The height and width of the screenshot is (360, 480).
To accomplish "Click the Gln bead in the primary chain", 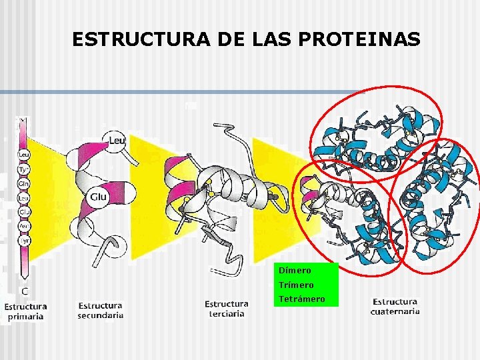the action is coord(23,183).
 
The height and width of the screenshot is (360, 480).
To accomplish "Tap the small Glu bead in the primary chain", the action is coord(23,212).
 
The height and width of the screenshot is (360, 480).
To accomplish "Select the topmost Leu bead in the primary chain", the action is coord(23,153).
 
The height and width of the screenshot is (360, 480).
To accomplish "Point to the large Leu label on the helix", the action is coord(117,141).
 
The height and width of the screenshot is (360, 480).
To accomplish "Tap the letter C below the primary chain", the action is coord(24,291).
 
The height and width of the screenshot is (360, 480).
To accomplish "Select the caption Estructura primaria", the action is coord(26,311).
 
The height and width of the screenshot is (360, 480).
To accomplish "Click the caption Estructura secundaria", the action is coord(100,311).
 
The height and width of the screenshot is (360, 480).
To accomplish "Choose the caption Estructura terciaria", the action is coord(226,309).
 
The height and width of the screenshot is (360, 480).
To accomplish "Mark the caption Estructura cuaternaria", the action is coord(395,307).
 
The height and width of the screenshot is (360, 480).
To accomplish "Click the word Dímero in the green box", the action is coord(295,271).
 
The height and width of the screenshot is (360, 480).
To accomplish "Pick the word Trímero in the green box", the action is coord(297,285).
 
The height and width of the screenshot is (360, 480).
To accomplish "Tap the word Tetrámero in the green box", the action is coord(302,299).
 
